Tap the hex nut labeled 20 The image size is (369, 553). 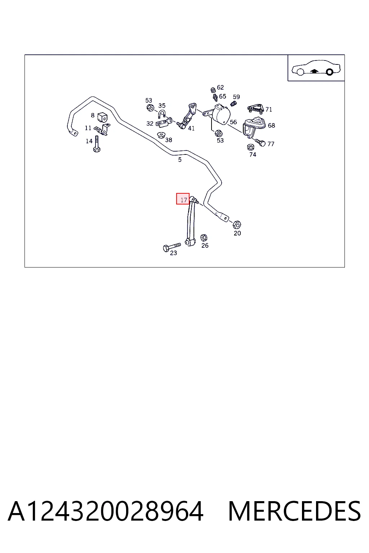coord(237,224)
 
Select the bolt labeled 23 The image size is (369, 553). coord(172,247)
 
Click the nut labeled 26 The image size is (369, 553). coord(204,238)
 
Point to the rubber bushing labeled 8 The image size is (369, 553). coord(102,117)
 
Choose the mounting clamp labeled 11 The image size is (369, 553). coord(103,130)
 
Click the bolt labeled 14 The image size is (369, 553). coord(97,144)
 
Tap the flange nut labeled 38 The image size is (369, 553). coord(161,135)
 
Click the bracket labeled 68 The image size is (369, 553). coord(253,127)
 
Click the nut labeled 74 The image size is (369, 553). coord(250,147)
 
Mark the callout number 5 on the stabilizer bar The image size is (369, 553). coord(180,160)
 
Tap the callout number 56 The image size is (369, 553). coord(233,122)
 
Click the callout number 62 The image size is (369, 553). coord(220,87)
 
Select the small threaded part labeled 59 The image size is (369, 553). coord(233,104)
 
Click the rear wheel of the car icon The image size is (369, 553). coord(329,72)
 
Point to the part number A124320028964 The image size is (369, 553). coord(106,511)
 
